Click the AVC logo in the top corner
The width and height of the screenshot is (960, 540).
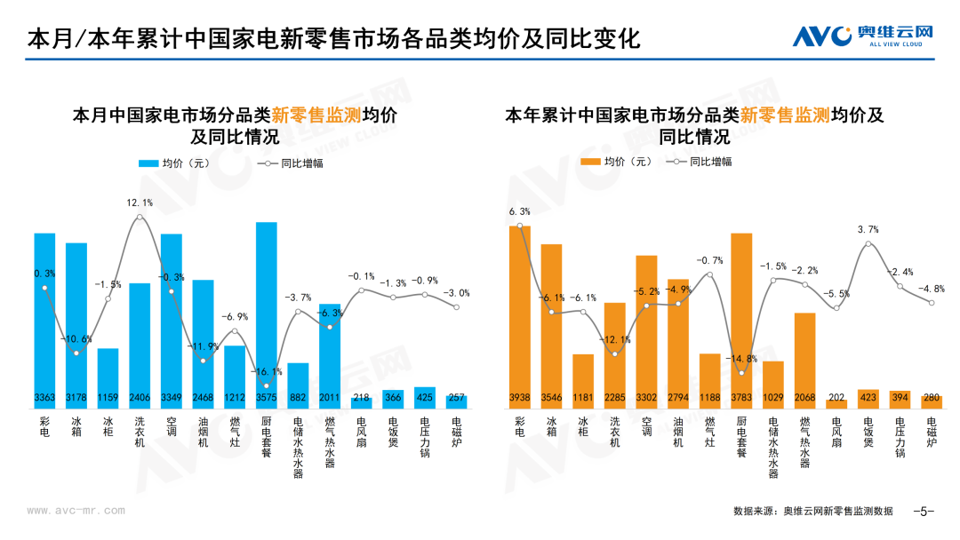[x=862, y=36]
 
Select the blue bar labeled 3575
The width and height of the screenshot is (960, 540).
[x=267, y=315]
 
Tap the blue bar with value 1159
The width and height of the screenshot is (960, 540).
[x=108, y=378]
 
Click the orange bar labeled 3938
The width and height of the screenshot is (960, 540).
[x=520, y=317]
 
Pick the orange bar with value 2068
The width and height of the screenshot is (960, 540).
[x=805, y=361]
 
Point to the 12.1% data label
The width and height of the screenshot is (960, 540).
[x=140, y=202]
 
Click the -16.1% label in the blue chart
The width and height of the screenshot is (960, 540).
[x=267, y=371]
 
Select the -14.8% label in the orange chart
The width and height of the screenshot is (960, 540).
[x=741, y=359]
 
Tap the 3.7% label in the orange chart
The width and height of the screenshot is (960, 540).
[x=868, y=229]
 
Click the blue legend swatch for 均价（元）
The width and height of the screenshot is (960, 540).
[x=148, y=163]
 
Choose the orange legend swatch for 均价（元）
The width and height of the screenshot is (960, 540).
[x=590, y=162]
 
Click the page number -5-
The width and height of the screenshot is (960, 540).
[x=924, y=512]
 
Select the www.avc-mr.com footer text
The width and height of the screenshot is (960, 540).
[x=76, y=511]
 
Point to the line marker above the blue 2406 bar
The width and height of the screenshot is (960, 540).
[x=140, y=217]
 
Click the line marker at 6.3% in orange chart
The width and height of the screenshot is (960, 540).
[x=520, y=226]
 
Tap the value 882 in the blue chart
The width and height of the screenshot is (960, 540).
[x=298, y=398]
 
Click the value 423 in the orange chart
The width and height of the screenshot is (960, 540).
[x=868, y=398]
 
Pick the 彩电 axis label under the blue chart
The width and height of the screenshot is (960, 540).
[x=44, y=427]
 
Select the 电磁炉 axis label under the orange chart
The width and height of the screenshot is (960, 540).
[x=932, y=432]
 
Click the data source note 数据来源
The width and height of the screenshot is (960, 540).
[x=813, y=512]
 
